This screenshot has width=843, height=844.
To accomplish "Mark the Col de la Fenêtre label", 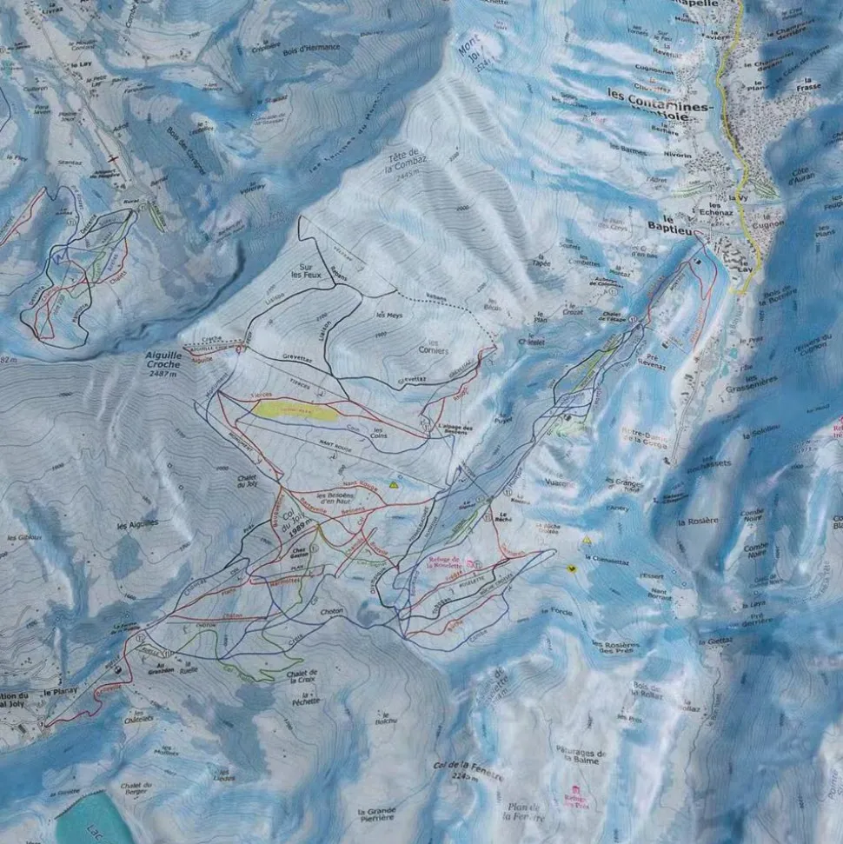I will point(468,771).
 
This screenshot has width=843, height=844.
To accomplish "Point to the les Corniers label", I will point(433,348).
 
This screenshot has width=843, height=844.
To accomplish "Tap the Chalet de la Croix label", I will point(301,676).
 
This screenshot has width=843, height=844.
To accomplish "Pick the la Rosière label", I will point(702,520).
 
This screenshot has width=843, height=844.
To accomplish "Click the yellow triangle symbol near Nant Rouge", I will point(394,484).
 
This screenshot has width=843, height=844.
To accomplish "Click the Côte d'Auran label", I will point(800,176).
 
